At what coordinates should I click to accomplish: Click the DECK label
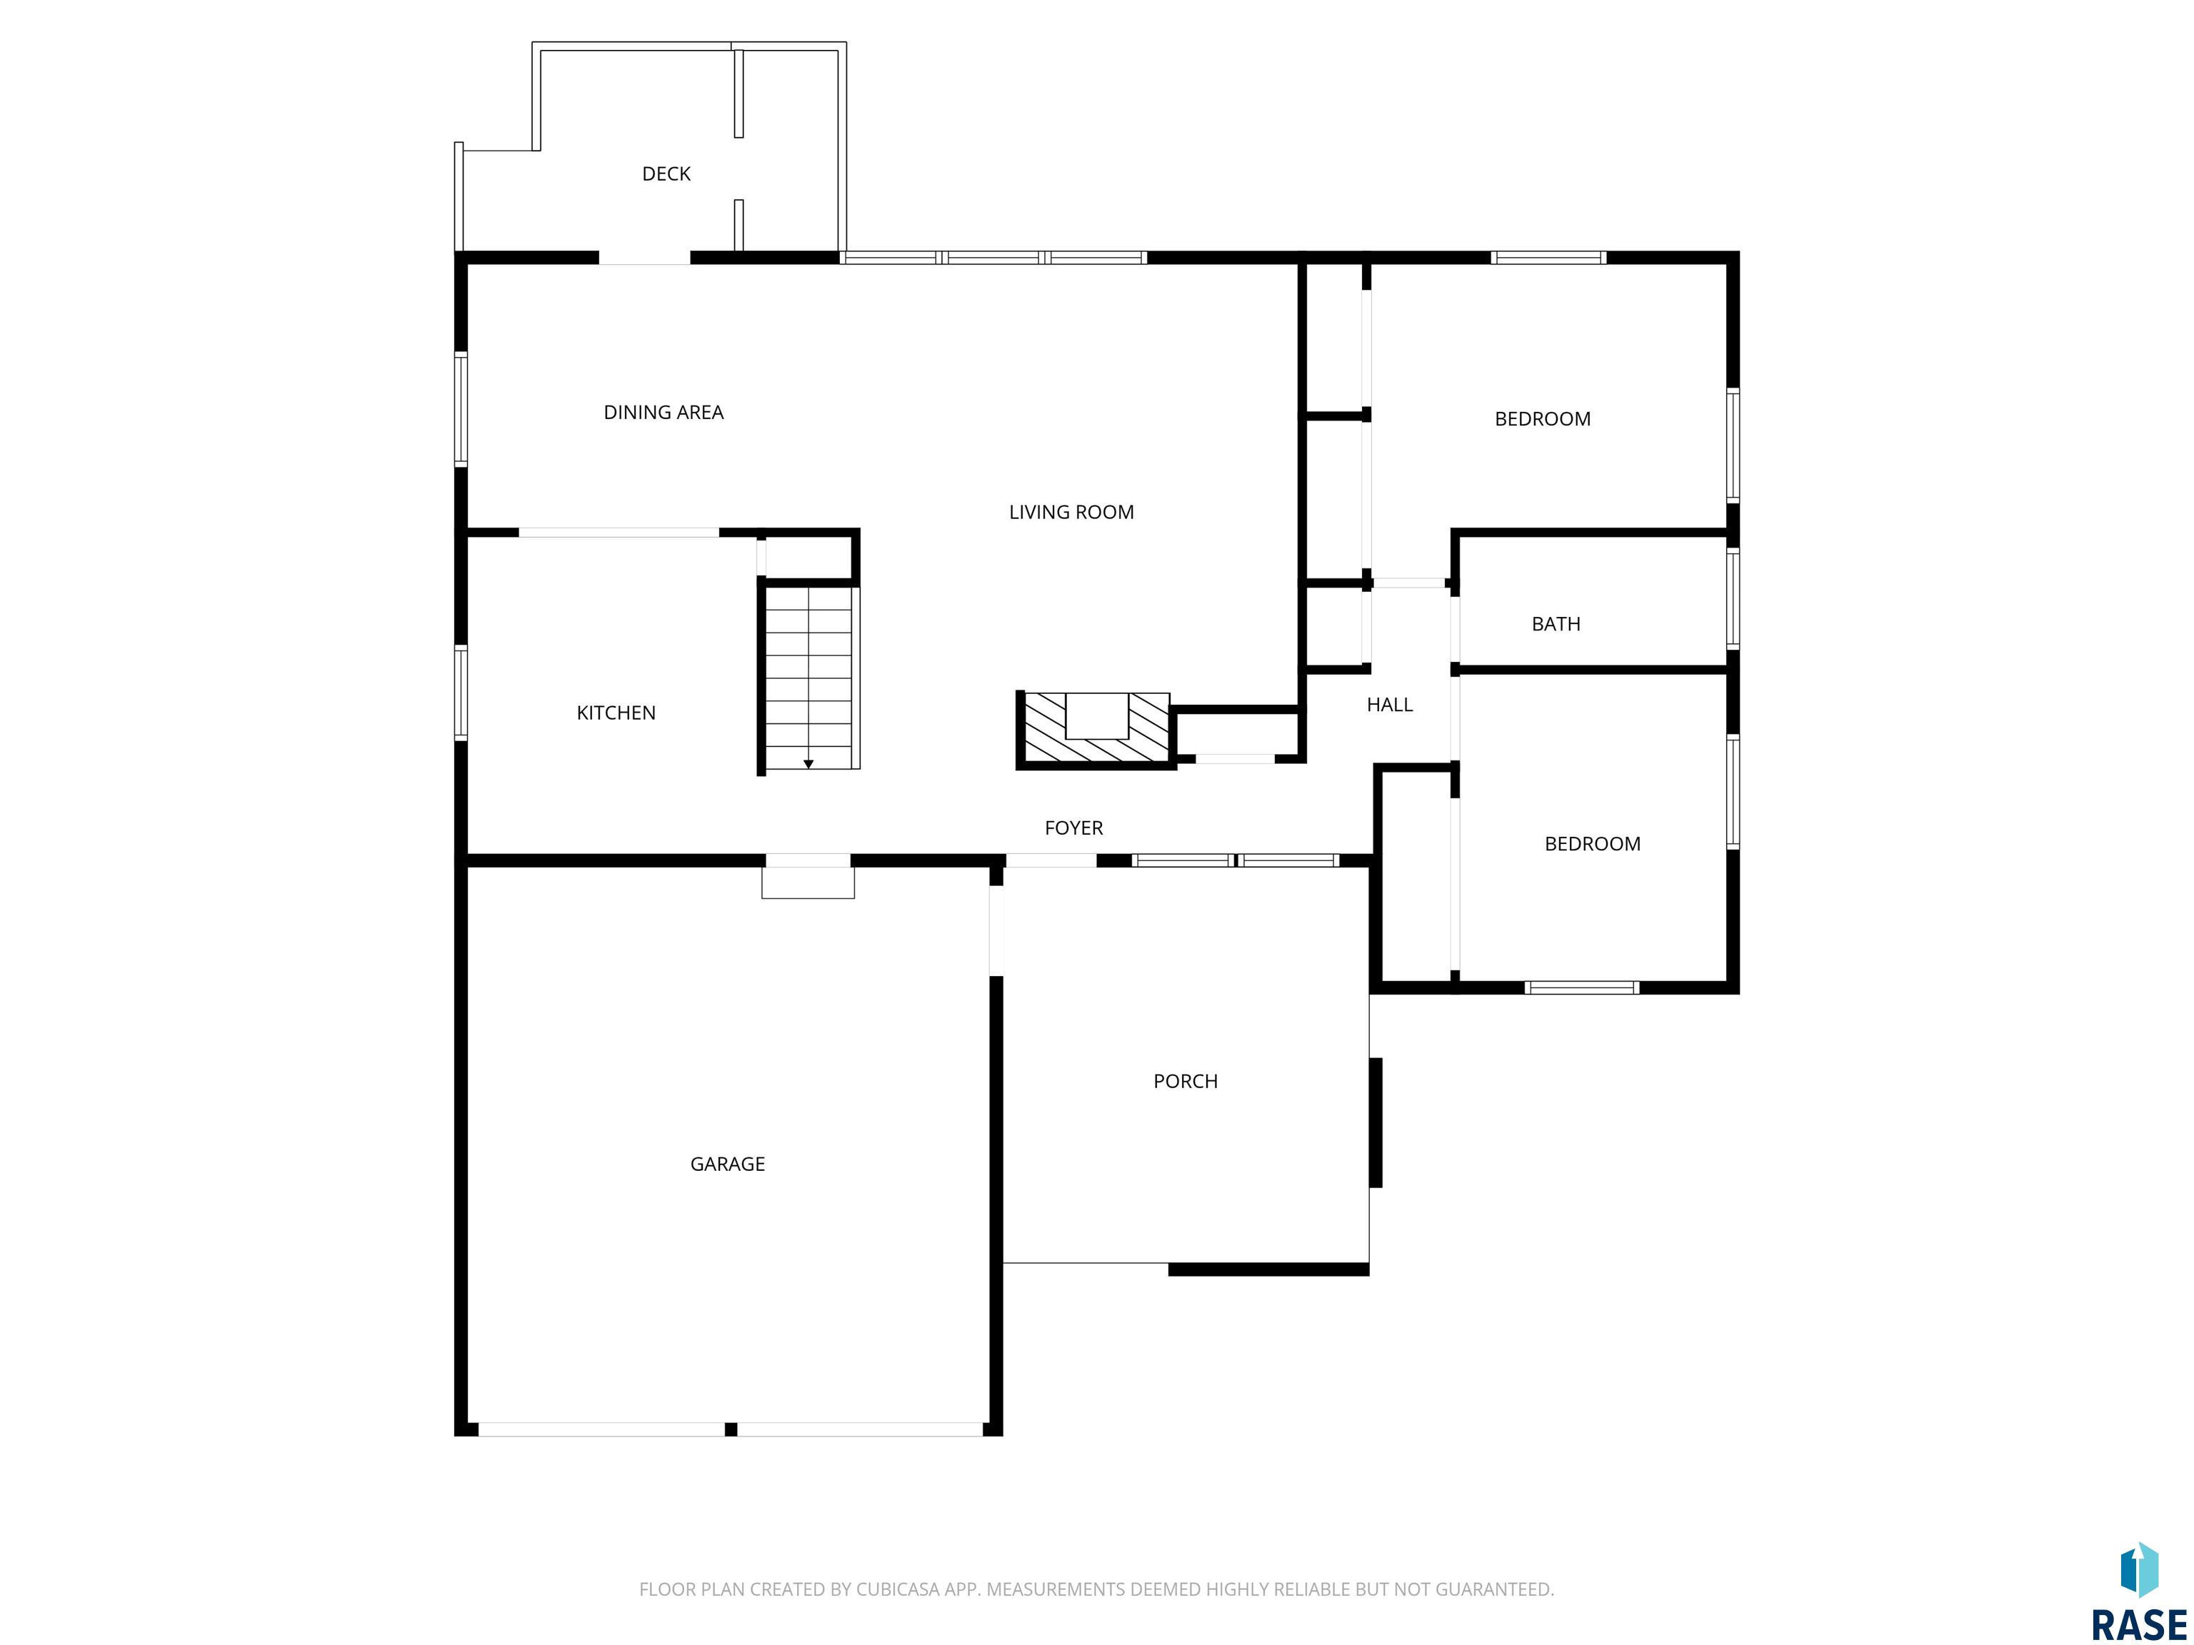click(x=666, y=174)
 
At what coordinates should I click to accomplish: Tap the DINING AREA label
click(x=663, y=413)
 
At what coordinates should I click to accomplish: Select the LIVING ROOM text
click(x=1071, y=513)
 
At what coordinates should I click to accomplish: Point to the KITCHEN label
click(x=616, y=713)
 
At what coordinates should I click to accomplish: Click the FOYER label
click(x=1073, y=828)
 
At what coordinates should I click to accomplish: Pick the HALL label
click(x=1390, y=705)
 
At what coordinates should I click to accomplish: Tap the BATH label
click(x=1556, y=625)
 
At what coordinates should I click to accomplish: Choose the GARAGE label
click(x=727, y=1164)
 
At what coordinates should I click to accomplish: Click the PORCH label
click(x=1186, y=1082)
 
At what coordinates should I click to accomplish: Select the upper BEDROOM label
click(x=1543, y=419)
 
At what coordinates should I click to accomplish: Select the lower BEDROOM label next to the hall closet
click(x=1592, y=845)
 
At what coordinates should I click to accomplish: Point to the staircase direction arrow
click(x=808, y=763)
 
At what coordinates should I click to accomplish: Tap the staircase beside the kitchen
click(x=808, y=678)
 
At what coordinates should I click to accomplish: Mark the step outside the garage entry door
click(x=807, y=882)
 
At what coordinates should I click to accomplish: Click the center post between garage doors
click(x=731, y=1429)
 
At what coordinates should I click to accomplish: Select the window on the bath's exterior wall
click(x=1733, y=599)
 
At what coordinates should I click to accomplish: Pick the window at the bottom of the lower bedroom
click(x=1581, y=987)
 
